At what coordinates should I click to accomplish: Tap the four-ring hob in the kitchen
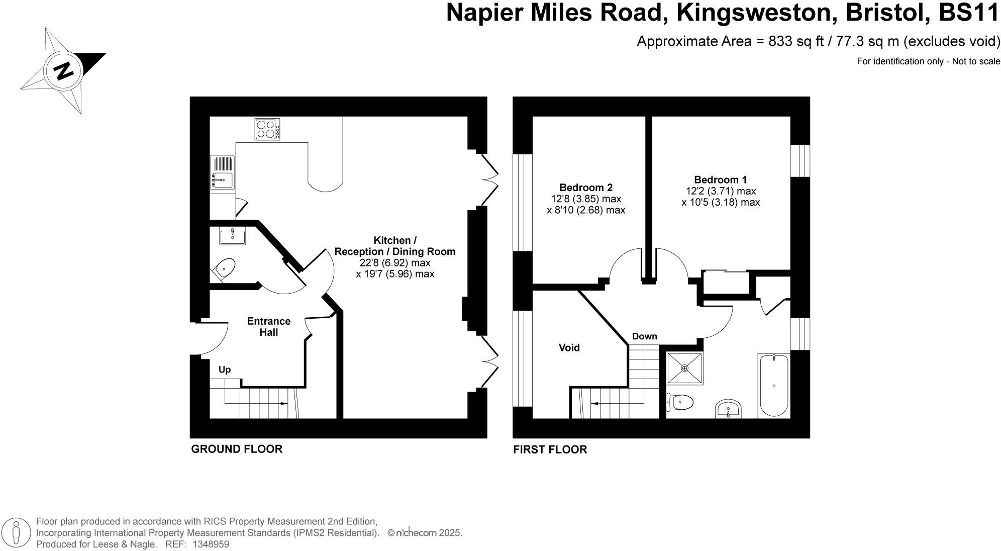pos(267,129)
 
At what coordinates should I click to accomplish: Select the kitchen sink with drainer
pos(222,172)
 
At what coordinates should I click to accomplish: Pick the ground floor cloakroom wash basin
pos(233,236)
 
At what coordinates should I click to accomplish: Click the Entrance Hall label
pos(269,327)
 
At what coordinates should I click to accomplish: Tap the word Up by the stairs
pos(225,370)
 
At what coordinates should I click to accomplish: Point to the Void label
pos(569,348)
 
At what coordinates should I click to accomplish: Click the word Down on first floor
pos(644,336)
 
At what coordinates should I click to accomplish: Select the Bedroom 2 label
pos(586,188)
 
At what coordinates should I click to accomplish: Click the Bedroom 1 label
pos(720,179)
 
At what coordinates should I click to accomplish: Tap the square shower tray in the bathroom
pos(685,369)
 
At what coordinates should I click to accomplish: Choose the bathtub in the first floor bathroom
pos(774,385)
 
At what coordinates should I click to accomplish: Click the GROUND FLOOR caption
pos(237,449)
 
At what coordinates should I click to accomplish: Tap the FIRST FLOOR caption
pos(550,449)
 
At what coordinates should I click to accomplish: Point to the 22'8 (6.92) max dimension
pos(394,263)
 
